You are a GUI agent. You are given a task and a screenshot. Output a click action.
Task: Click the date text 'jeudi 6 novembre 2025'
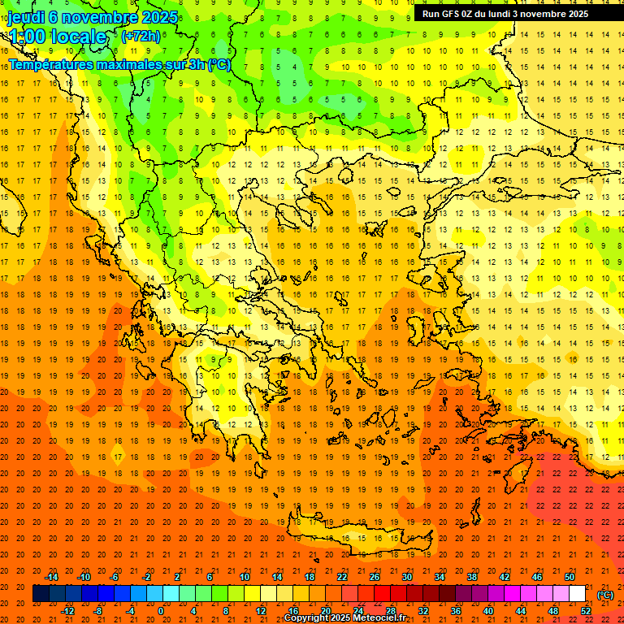point(93,17)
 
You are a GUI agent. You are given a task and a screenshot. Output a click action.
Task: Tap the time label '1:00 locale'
point(58,37)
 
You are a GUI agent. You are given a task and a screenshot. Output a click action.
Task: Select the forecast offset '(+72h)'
point(141,36)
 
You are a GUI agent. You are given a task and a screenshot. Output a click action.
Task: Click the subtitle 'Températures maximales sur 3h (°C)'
point(119,64)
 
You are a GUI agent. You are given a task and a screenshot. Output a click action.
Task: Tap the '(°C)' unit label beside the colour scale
point(604,595)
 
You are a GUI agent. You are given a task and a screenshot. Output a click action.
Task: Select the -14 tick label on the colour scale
point(51,577)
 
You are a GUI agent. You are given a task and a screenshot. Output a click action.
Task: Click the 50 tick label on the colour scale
point(570,577)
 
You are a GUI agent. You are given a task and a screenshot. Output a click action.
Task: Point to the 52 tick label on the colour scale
point(586,611)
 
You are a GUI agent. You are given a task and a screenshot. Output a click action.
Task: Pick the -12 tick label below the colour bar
point(67,611)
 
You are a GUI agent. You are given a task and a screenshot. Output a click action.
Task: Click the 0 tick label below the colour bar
point(161,611)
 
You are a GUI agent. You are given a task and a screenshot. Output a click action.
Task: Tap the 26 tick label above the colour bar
point(375,577)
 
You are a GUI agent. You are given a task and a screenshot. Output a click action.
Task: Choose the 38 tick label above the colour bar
point(472,577)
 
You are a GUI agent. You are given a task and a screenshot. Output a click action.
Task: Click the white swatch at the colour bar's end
point(578,594)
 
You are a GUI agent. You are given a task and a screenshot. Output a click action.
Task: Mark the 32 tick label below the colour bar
point(423,611)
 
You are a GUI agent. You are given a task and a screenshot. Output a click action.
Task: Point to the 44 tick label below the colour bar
point(521,611)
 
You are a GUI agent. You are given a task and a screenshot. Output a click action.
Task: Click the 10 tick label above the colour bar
point(245,577)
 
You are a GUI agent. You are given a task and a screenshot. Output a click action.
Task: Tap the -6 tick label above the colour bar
point(115,577)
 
